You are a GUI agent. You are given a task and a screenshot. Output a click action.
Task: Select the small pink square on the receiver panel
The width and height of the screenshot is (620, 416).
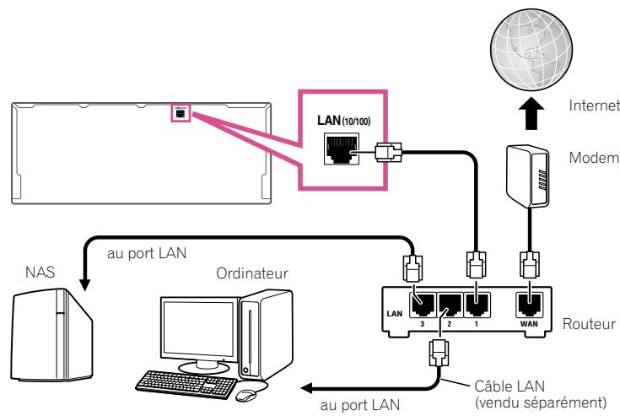180,112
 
